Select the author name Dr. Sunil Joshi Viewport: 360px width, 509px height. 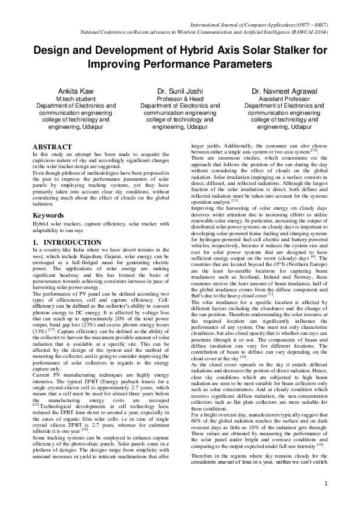[x=180, y=91]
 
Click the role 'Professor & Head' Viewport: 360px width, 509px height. [x=180, y=98]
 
